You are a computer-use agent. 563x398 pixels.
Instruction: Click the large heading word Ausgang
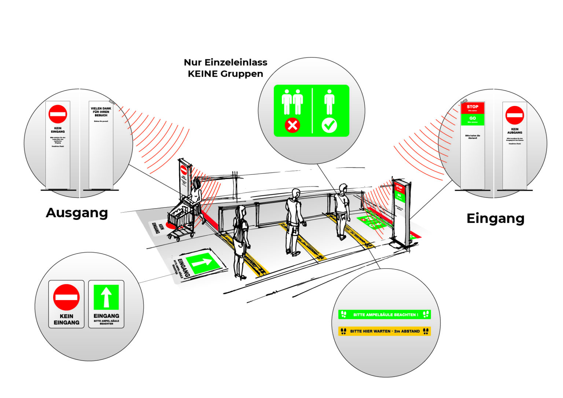77,213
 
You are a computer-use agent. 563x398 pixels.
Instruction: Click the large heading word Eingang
495,218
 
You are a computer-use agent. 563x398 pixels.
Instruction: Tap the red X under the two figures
292,125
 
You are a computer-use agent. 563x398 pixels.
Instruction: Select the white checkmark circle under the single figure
329,125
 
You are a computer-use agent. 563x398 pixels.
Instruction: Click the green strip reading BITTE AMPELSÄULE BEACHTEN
384,314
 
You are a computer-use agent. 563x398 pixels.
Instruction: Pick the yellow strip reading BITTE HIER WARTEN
384,331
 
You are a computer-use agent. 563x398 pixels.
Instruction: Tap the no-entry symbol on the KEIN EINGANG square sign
66,297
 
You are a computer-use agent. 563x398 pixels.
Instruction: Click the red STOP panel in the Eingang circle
472,108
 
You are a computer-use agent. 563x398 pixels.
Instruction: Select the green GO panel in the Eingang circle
472,119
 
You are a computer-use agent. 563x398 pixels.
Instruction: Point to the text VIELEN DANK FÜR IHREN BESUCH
101,112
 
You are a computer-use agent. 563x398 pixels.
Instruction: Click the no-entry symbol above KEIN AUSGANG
515,115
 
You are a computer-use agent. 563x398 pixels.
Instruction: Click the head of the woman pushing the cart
197,183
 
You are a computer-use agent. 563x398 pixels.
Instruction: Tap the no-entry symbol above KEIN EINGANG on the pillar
58,114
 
